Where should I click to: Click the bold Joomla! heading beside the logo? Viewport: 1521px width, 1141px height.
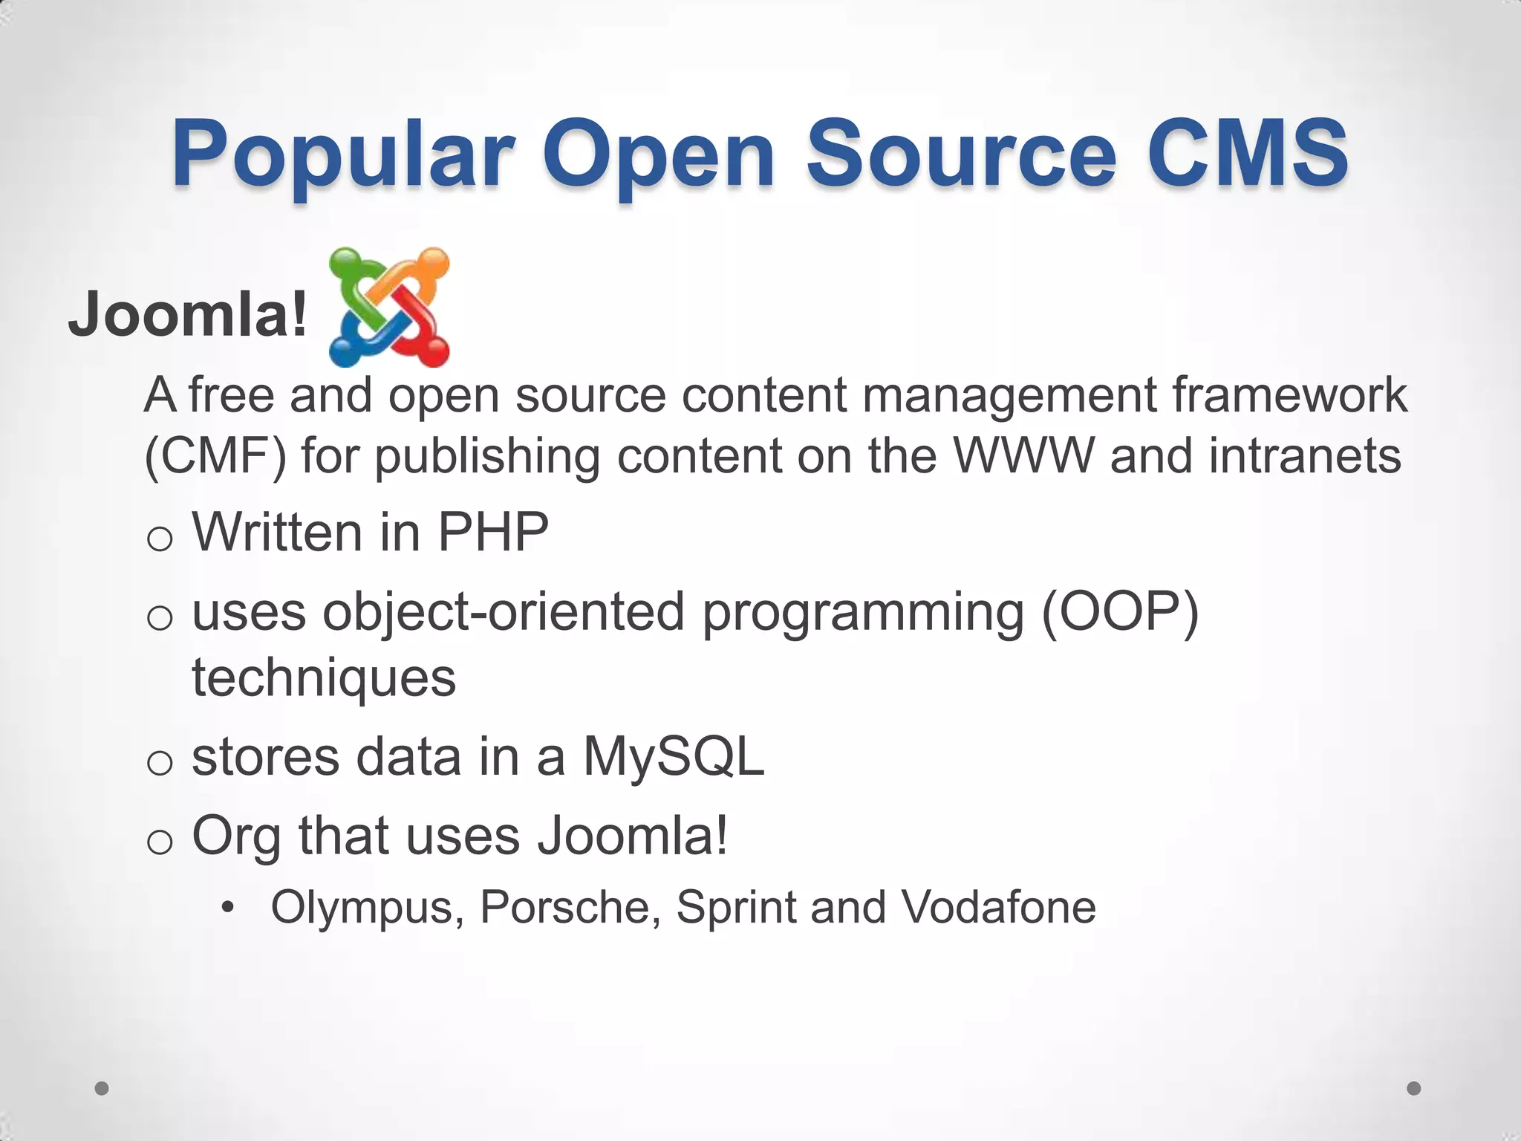188,314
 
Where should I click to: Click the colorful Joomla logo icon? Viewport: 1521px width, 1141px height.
389,307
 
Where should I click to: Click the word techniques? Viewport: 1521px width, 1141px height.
324,677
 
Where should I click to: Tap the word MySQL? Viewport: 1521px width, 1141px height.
674,757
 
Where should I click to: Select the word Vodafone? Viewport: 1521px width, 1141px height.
998,907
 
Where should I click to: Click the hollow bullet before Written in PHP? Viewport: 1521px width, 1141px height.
160,539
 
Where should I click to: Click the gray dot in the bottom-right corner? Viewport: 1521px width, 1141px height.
1414,1088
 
